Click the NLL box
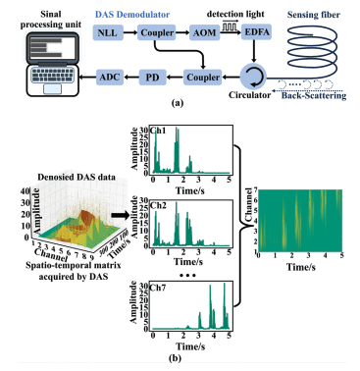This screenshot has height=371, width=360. click(109, 34)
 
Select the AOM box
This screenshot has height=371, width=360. click(202, 34)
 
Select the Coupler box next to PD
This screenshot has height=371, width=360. click(202, 75)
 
